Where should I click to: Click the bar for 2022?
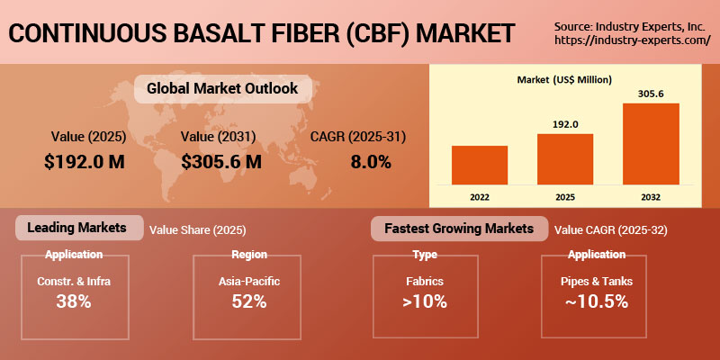480,165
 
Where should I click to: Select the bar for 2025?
565,158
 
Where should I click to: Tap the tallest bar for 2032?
651,143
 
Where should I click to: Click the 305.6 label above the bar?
651,94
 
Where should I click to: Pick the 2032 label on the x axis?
651,195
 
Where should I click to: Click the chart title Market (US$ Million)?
565,80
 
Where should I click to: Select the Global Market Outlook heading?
221,89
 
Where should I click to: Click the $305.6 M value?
221,163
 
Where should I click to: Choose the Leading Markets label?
79,228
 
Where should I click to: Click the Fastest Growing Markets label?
459,228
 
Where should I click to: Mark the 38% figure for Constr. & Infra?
74,301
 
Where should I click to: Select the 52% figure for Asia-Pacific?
248,301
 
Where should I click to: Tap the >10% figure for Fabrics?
425,301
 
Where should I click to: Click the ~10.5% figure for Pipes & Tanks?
597,301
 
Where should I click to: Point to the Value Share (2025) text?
197,230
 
